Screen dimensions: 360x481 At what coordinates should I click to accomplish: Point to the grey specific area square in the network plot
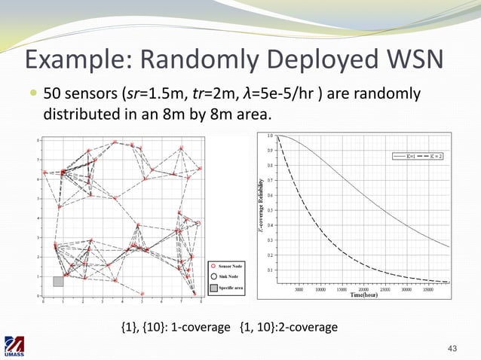pyautogui.click(x=58, y=281)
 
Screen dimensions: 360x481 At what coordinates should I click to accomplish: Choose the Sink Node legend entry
pyautogui.click(x=225, y=277)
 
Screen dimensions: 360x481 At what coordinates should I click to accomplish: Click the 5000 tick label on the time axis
pyautogui.click(x=299, y=288)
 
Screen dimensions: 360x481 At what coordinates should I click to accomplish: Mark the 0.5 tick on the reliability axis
pyautogui.click(x=270, y=210)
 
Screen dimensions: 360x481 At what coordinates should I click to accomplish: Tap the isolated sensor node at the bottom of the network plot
pyautogui.click(x=142, y=294)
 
